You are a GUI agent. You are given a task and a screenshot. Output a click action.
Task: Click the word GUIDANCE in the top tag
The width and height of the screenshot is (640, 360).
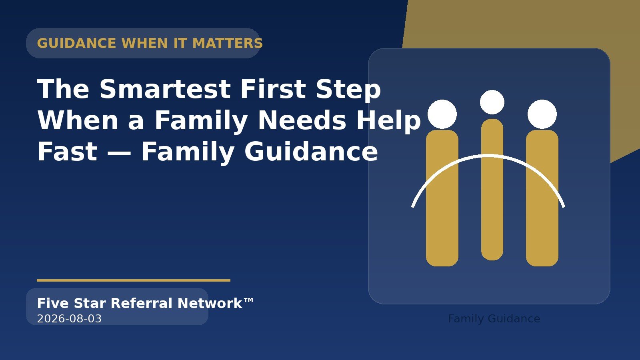(76, 44)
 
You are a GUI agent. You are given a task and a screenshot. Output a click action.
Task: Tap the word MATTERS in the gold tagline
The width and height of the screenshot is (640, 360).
(228, 44)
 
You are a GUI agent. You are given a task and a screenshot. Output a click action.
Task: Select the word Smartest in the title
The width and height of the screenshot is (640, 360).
(165, 89)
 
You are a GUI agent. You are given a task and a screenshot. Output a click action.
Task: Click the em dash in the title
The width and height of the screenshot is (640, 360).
(119, 152)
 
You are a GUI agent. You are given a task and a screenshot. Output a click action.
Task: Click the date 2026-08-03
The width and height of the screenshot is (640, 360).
(70, 318)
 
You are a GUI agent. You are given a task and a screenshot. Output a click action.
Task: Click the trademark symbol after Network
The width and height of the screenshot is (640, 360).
(248, 300)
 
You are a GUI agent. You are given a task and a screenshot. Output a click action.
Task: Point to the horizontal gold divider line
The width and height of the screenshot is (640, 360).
(134, 280)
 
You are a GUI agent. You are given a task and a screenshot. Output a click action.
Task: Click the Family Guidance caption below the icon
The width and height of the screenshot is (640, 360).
(494, 319)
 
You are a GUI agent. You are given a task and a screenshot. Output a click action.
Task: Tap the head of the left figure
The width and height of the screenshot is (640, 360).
(442, 114)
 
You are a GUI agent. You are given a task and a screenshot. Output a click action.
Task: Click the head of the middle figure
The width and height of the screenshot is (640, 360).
(492, 102)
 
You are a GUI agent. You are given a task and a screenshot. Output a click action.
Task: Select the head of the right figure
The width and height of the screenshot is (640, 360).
(542, 114)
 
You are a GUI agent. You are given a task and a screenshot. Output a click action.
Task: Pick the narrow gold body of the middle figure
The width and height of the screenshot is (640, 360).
(492, 190)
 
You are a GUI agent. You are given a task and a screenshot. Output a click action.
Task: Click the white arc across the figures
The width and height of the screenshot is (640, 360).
(488, 156)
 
